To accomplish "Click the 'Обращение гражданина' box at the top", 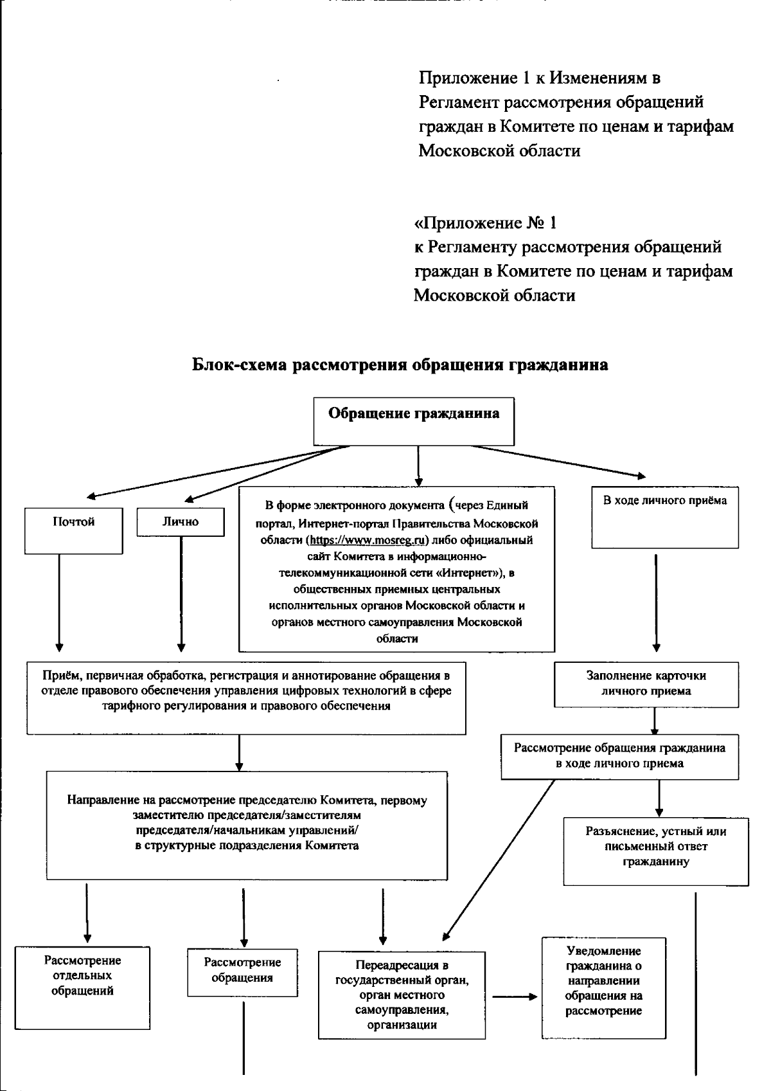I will coord(414,421).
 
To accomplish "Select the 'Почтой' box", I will coord(74,530).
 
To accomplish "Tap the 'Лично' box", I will coord(181,522).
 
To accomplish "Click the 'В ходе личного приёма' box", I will coord(665,518).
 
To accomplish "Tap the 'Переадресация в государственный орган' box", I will coord(402,995).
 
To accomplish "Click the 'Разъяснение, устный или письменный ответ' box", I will coord(656,851).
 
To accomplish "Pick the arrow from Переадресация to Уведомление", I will coord(514,997).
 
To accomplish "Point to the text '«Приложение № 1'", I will coord(485,223).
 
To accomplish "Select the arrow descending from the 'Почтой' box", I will coord(59,601).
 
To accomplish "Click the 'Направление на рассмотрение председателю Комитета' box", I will coord(247,825).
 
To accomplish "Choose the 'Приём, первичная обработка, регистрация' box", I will coord(246,698).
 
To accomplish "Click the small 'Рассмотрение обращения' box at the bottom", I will coord(242,972).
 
